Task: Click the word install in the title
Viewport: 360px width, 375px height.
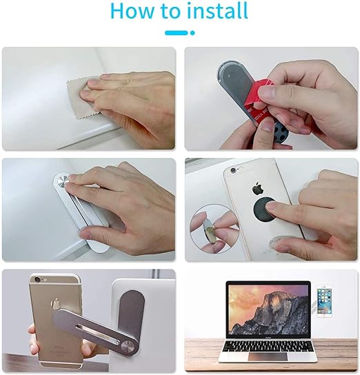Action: point(215,12)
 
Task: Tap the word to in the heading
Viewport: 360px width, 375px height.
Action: point(173,12)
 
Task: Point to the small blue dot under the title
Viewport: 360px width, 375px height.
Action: point(192,32)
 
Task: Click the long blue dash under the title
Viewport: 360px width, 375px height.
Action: point(177,32)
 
